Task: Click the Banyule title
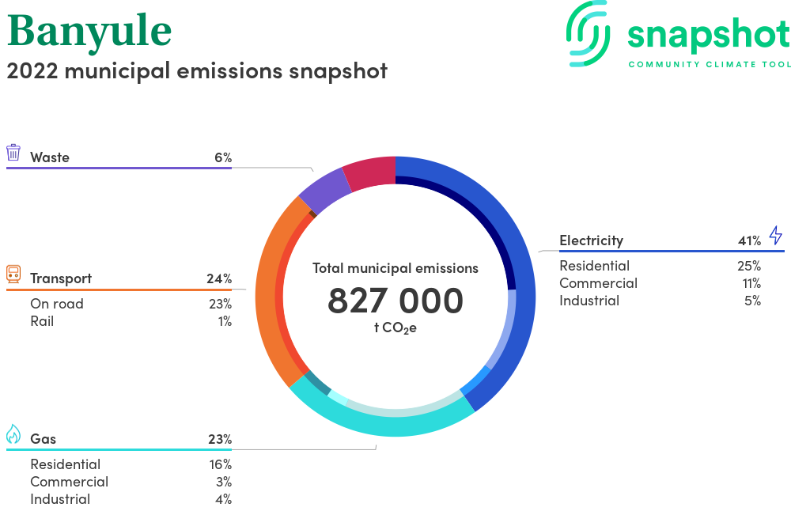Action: point(89,32)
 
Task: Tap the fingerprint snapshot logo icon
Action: point(588,34)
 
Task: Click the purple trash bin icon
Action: point(13,153)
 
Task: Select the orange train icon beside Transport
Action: point(13,274)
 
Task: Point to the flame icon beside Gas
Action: point(13,433)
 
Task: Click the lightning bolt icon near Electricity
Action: point(776,235)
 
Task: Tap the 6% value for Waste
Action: point(223,157)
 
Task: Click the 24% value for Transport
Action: point(219,278)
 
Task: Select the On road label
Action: point(57,304)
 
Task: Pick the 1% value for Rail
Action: point(225,321)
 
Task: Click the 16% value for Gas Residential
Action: point(221,464)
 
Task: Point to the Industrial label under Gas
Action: point(60,499)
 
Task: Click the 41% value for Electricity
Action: point(750,240)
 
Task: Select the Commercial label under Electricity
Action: point(598,283)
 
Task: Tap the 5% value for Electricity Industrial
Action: point(753,301)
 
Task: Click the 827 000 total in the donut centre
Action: point(395,301)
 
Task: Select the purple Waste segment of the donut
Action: point(324,190)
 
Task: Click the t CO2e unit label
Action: point(395,328)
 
